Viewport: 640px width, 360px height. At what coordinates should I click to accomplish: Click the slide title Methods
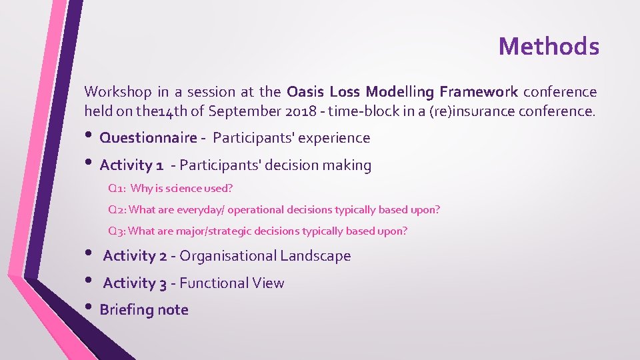coord(549,46)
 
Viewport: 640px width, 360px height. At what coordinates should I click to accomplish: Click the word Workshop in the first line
coord(113,91)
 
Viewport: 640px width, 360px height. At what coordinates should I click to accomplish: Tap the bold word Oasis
coord(305,91)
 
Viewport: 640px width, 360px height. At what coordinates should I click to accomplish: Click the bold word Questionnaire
coord(148,138)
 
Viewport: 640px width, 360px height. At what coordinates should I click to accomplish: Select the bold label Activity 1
coord(131,165)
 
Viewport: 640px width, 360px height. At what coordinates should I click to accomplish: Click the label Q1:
coord(117,189)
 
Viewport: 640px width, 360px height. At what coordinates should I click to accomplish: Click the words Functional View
coord(231,283)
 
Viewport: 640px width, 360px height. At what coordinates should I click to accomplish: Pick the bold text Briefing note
coord(144,310)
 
